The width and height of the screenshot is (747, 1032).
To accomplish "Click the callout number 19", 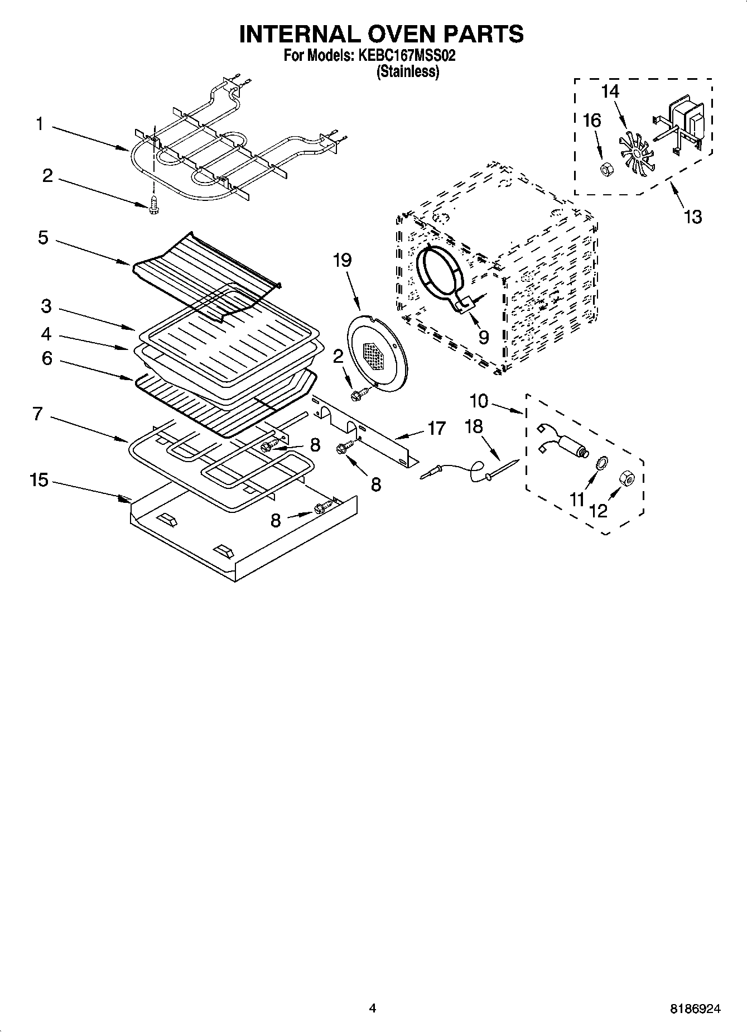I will coord(343,261).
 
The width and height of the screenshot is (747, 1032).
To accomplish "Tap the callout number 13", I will coord(692,216).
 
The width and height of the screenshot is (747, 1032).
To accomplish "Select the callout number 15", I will coord(39,480).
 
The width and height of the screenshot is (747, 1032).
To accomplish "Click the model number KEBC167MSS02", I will coord(405,56).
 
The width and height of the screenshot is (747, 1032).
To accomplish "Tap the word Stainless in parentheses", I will coord(408,71).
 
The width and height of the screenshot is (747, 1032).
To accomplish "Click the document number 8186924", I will coord(695,1009).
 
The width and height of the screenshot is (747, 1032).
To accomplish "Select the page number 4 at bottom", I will coord(373,1008).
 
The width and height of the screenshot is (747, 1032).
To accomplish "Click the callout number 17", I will coord(436,428).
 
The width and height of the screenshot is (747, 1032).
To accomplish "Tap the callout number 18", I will coord(473,426).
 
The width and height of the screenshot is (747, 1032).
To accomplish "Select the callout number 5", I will coord(43,238).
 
